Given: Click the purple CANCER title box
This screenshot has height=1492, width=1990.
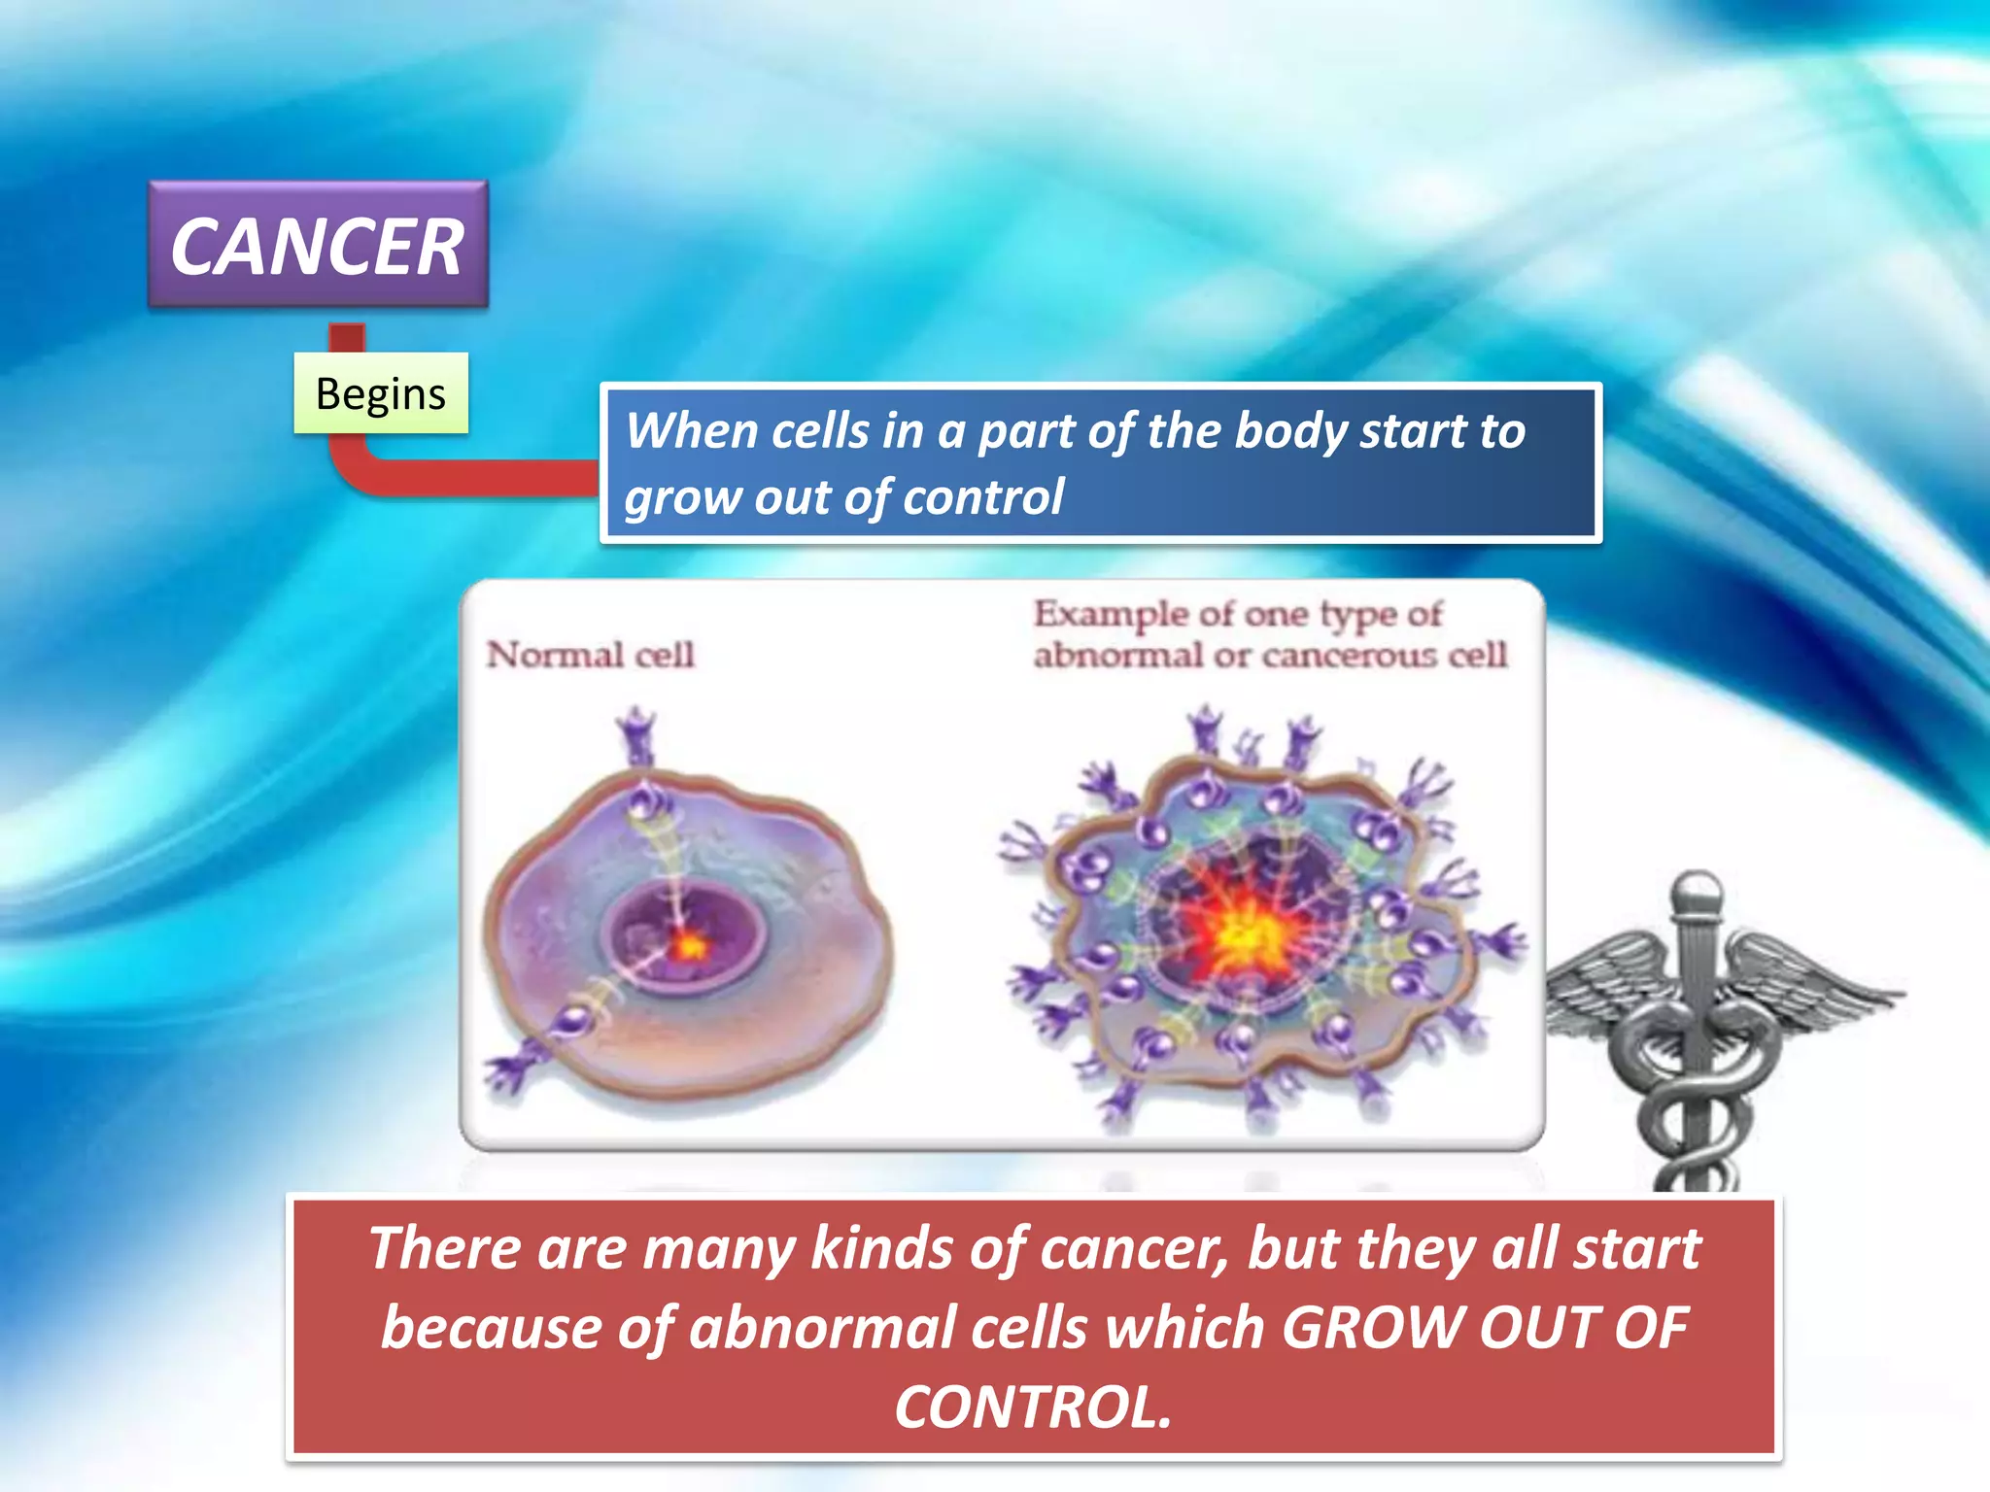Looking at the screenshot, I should (x=318, y=246).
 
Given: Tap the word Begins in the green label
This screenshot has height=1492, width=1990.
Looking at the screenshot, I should (x=380, y=393).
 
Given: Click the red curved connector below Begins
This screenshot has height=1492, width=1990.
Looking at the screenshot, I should (x=437, y=476).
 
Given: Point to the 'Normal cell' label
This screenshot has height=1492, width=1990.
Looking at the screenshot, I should (x=590, y=655).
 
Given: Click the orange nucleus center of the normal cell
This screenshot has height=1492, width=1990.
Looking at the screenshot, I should (x=689, y=944).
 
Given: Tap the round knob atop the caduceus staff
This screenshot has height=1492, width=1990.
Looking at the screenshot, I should (x=1697, y=890).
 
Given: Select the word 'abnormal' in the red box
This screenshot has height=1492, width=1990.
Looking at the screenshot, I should (x=821, y=1329).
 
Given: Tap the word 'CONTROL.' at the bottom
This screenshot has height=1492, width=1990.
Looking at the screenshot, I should (x=1033, y=1407).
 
